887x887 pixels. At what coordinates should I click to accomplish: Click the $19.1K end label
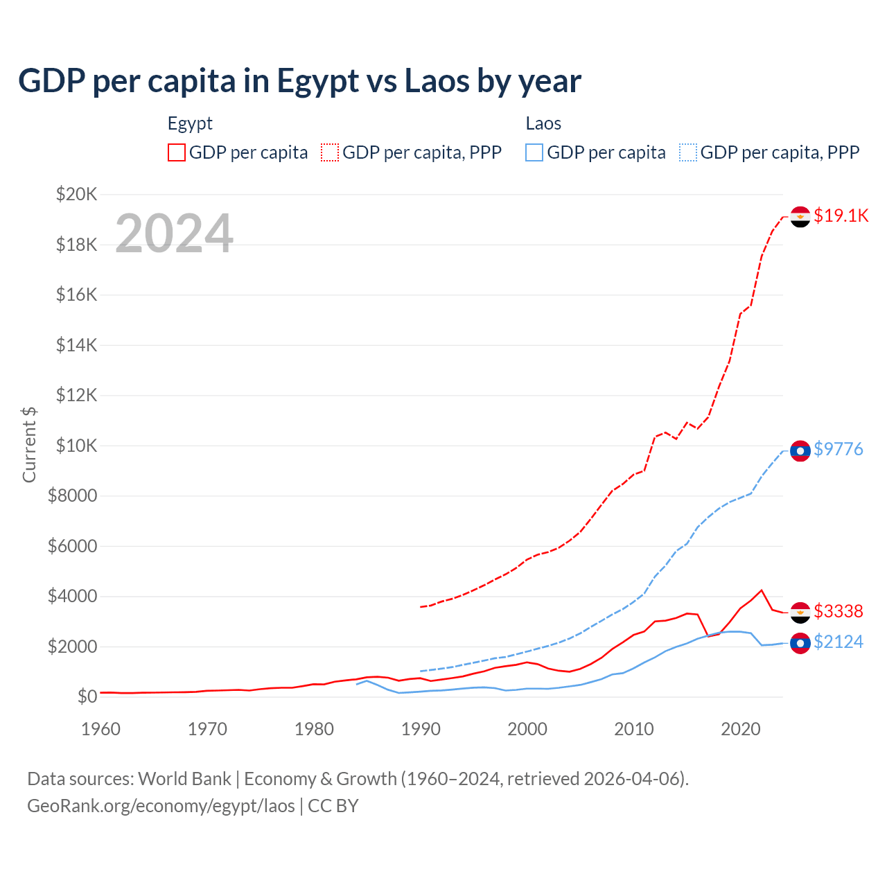point(841,216)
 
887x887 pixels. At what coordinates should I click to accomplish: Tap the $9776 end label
point(838,449)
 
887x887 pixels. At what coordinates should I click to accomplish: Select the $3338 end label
point(838,611)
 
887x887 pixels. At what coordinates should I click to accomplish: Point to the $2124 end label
point(838,642)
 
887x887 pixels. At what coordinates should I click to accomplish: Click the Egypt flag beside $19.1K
point(800,217)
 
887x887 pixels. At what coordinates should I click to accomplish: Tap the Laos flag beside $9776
point(800,451)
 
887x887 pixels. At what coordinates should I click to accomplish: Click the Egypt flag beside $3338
point(800,613)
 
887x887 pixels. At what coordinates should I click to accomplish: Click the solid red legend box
point(177,152)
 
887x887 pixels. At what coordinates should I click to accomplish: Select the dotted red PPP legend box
point(330,152)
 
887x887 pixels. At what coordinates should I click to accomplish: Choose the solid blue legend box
point(534,152)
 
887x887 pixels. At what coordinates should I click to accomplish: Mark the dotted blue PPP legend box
point(688,152)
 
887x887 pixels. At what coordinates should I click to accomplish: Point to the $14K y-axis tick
point(76,345)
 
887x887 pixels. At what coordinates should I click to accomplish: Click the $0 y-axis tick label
point(87,696)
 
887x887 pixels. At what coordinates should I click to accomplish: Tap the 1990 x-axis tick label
point(421,729)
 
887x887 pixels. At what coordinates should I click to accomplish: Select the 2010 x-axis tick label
point(634,729)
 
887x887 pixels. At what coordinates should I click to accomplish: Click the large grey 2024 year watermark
point(174,234)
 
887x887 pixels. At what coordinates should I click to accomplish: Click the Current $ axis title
point(29,445)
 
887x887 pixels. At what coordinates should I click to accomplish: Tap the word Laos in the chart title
point(437,81)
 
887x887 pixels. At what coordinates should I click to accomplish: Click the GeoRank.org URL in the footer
point(161,806)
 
